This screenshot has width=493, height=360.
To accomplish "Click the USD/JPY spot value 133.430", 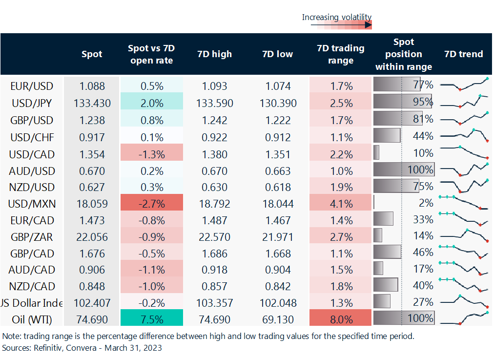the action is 92,103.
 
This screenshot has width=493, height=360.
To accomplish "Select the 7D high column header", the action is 214,54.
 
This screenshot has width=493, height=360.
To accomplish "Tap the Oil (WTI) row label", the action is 32,319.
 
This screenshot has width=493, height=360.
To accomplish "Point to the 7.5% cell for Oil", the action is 152,318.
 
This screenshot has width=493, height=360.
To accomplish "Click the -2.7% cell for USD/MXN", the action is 152,202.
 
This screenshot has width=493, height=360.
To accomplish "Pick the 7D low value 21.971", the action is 278,237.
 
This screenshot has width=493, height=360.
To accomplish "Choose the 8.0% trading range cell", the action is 341,318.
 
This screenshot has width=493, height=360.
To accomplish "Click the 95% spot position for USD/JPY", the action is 423,102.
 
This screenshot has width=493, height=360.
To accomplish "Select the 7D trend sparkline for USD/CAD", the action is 464,152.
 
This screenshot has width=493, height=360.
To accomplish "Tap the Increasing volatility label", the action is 337,17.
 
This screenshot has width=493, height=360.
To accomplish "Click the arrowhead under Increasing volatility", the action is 369,25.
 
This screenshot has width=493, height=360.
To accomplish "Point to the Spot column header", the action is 92,54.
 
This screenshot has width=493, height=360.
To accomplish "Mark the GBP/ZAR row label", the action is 32,237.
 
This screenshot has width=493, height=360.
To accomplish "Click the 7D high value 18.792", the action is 215,204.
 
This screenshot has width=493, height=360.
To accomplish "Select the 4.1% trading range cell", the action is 341,202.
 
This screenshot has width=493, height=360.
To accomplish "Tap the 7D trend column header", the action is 464,54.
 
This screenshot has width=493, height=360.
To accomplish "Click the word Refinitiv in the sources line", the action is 48,348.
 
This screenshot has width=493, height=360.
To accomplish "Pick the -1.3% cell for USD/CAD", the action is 152,152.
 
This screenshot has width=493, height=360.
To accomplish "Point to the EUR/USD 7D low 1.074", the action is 278,86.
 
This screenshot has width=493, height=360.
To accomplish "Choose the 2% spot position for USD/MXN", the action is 426,203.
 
